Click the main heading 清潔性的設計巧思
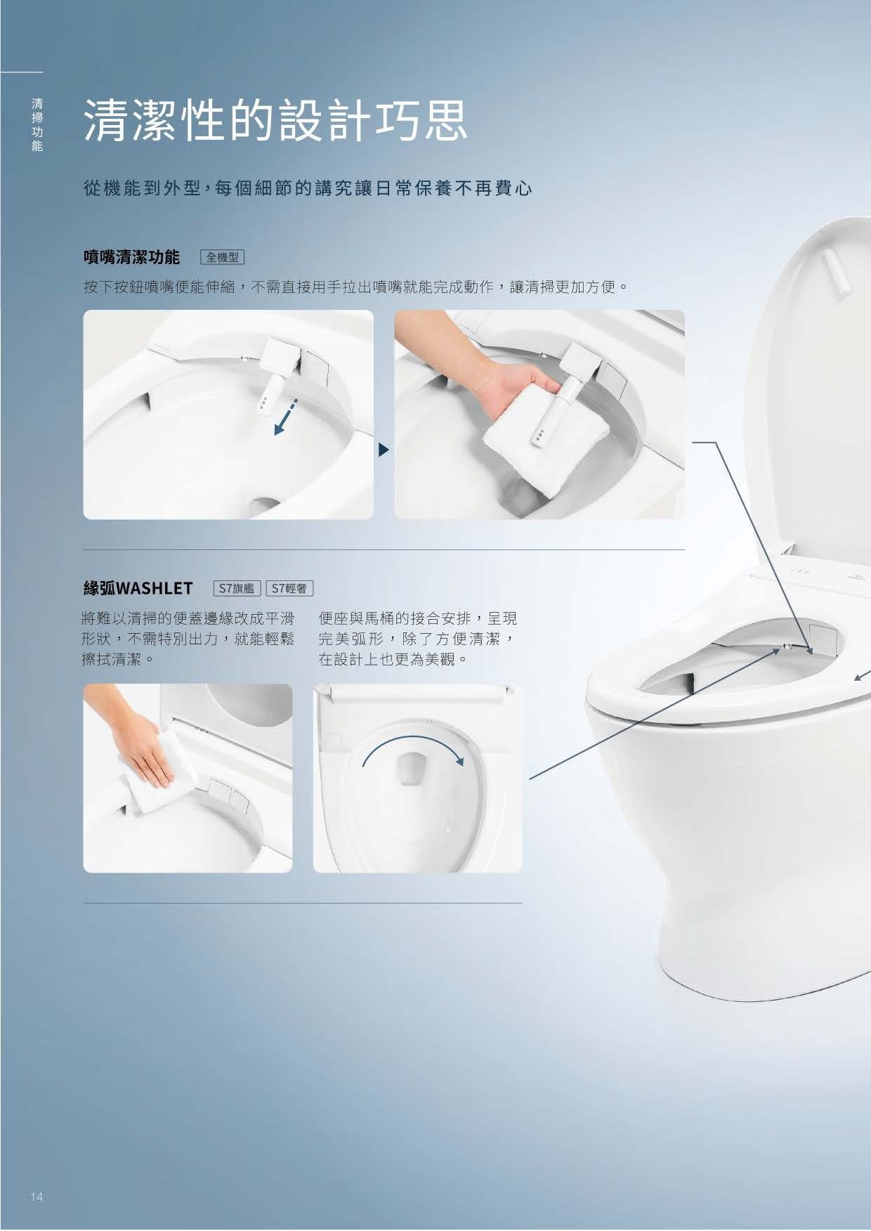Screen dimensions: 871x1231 tap(275, 120)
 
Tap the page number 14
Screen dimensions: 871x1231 tap(37, 1197)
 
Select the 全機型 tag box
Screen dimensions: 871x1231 tap(223, 257)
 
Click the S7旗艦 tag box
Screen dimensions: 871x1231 tap(237, 588)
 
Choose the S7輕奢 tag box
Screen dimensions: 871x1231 tap(289, 588)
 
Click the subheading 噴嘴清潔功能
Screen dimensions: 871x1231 tap(131, 257)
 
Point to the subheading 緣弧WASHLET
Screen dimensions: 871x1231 tap(138, 588)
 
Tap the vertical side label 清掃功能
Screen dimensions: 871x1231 tap(37, 124)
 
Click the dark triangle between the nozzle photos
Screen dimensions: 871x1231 tap(384, 450)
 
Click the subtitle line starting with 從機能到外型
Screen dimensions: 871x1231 tap(308, 190)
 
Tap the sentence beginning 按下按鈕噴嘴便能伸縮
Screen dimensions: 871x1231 tap(355, 287)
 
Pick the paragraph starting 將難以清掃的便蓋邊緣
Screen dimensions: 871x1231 tap(188, 639)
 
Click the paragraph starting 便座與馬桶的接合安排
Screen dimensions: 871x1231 tap(418, 639)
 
